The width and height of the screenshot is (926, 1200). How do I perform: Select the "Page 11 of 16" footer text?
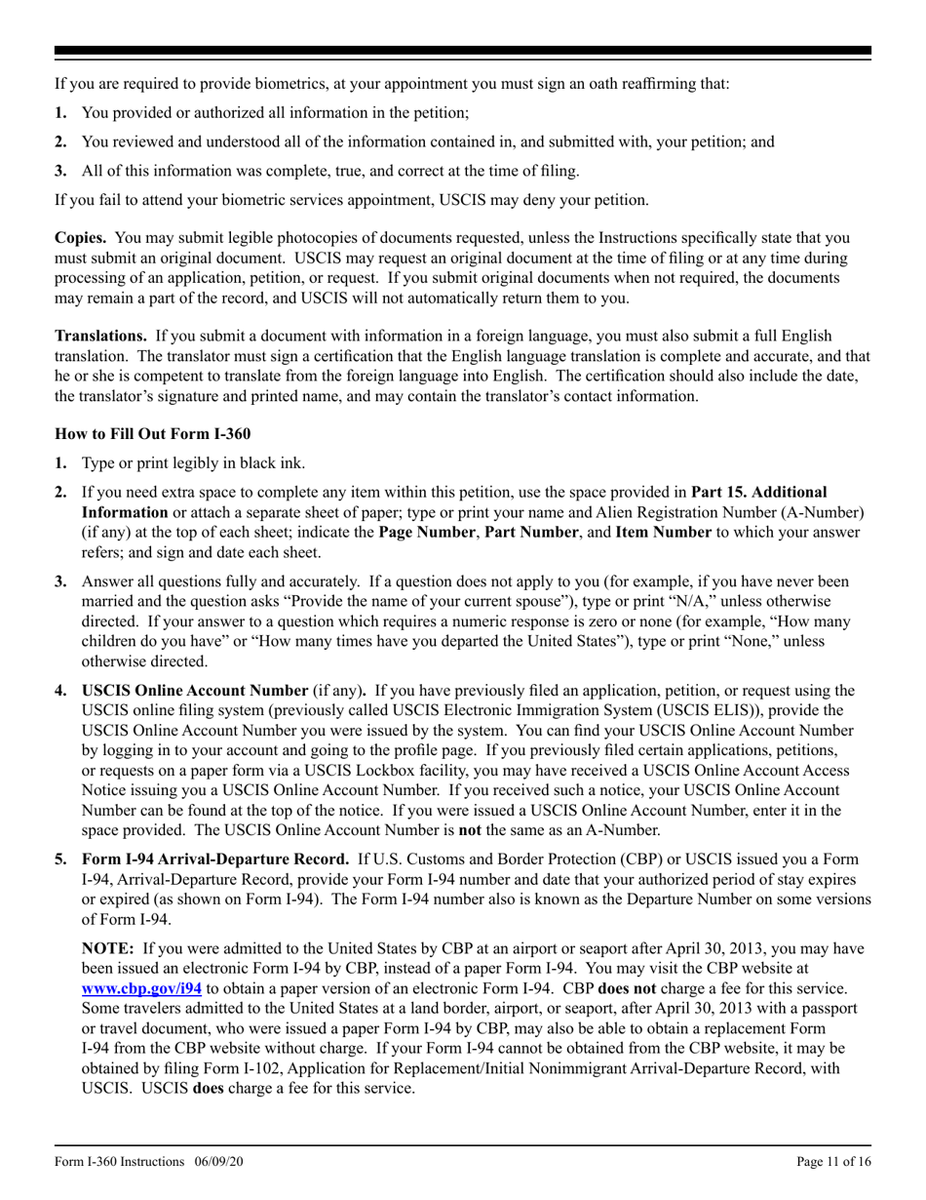(833, 1162)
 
